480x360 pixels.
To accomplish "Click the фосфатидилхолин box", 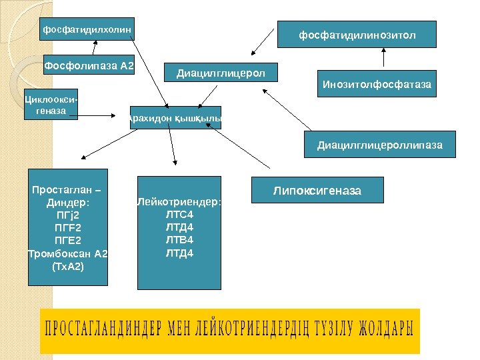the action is [x=87, y=29].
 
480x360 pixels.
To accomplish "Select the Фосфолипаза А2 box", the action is [x=89, y=66].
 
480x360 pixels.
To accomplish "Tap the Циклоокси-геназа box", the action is [x=51, y=105].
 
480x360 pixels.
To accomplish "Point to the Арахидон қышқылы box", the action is [x=175, y=118].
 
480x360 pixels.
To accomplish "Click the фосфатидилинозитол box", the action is [x=357, y=34].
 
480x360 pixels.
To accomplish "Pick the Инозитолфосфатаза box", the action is [x=377, y=85].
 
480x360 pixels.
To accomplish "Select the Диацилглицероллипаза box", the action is [x=380, y=145].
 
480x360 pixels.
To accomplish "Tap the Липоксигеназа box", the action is [x=317, y=191].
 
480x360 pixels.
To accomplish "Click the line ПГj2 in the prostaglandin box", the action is [x=67, y=215].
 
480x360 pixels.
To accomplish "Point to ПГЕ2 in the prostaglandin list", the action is [x=67, y=240].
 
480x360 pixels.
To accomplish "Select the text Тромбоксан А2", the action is [x=67, y=253].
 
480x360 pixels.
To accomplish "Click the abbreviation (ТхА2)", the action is [x=67, y=266].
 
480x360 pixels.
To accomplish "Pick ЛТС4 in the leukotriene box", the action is [x=179, y=215].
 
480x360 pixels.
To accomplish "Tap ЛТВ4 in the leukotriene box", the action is [x=179, y=240].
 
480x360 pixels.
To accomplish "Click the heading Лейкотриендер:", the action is [x=179, y=202].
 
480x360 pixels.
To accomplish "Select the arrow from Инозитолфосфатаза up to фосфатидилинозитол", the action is [x=384, y=59].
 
